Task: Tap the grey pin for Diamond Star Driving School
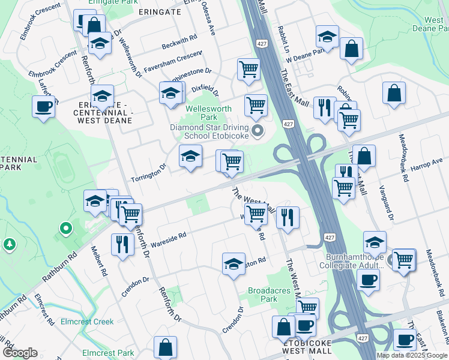tap(258, 131)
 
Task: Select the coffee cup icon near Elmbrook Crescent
tap(44, 107)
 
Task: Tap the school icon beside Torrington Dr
tap(190, 157)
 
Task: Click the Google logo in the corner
tap(20, 353)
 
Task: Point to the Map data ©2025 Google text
tap(412, 355)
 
